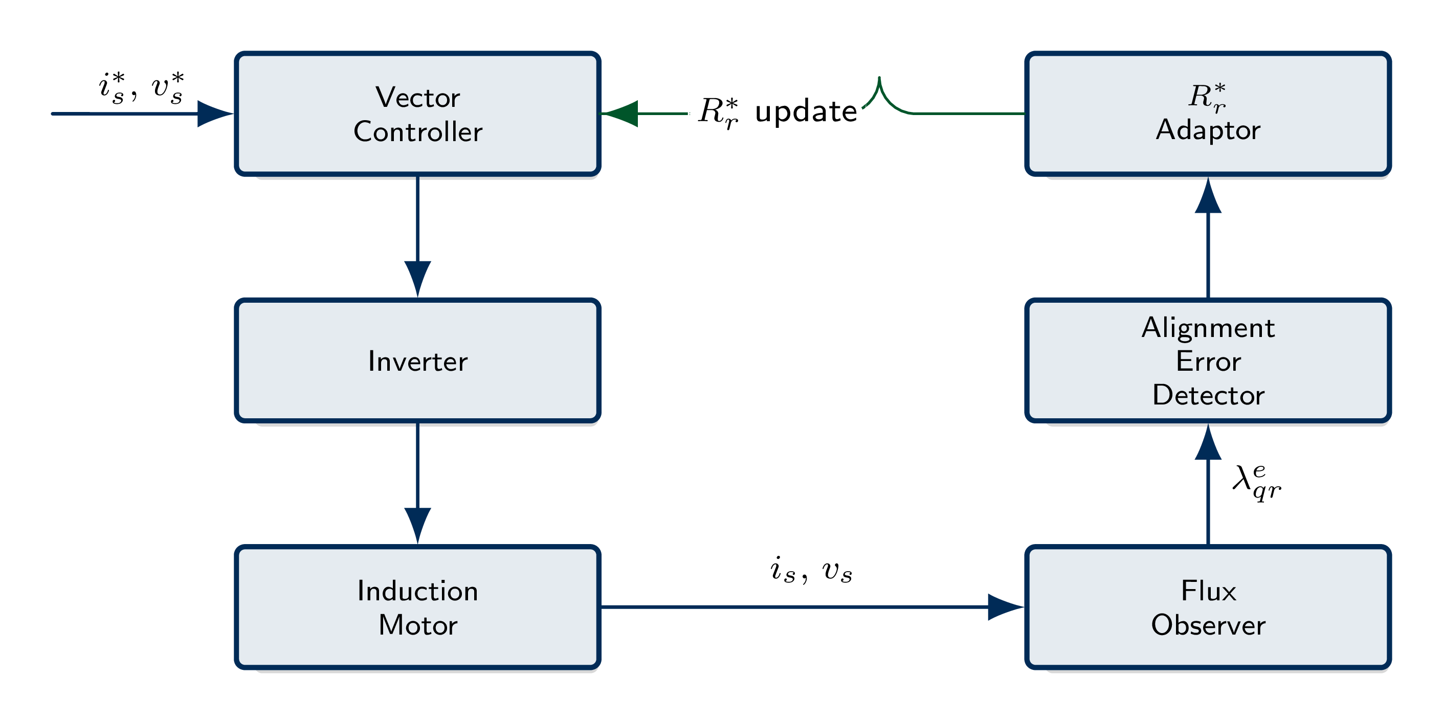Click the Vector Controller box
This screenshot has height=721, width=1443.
point(417,114)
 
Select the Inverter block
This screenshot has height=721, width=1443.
point(417,360)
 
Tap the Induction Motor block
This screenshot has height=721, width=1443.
point(417,607)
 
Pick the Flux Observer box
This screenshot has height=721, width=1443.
point(1208,607)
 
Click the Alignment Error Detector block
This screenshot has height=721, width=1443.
point(1208,360)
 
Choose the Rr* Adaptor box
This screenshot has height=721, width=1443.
point(1208,114)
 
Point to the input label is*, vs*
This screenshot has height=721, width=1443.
point(141,88)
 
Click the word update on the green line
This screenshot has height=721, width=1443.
point(806,111)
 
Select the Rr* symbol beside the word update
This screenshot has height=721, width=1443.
point(719,112)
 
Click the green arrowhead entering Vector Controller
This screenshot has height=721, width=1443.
point(620,114)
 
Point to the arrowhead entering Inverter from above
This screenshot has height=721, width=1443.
point(417,278)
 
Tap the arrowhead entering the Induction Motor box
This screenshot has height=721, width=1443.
point(417,525)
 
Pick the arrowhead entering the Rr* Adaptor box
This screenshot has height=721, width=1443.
point(1208,196)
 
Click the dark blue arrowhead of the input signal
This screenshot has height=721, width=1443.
point(214,114)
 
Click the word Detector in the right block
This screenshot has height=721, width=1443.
point(1208,395)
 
